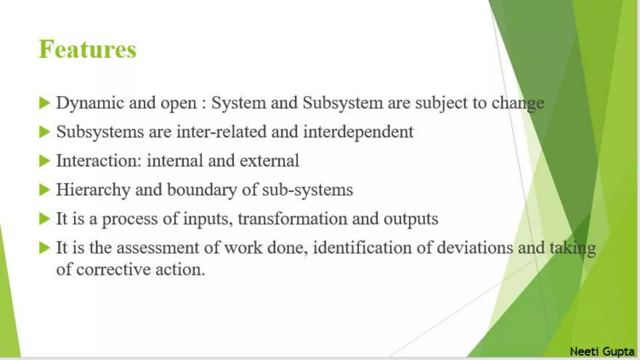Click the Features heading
[87, 49]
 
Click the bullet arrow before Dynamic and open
[45, 103]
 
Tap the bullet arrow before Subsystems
[45, 132]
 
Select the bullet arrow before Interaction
[45, 161]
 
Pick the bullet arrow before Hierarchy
[45, 190]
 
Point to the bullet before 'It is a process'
[45, 219]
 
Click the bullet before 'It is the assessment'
[45, 248]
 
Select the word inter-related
[221, 132]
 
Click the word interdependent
[358, 132]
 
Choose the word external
[269, 161]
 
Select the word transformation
[292, 219]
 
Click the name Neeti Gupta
[602, 351]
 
